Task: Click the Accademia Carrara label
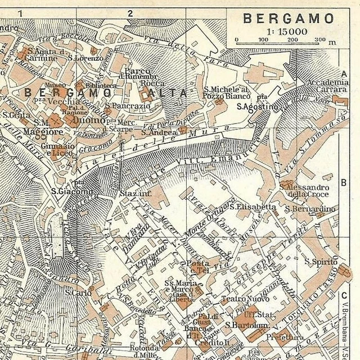pos(327,85)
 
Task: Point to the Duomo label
pos(89,120)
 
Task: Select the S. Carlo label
pos(78,292)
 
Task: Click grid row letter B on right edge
pos(343,183)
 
